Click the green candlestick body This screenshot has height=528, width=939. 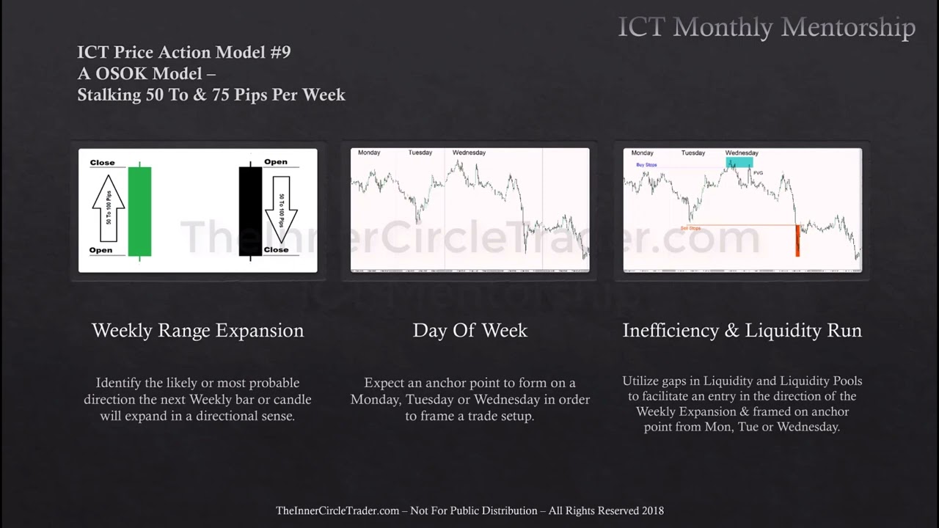pos(139,211)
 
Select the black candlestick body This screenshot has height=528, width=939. pos(250,211)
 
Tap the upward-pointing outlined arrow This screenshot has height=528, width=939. pos(108,208)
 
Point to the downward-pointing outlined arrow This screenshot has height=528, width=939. pos(282,210)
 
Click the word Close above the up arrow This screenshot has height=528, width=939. pos(102,163)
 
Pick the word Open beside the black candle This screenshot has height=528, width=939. pos(275,162)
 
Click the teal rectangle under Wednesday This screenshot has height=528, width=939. pos(739,162)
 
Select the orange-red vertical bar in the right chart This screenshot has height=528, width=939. pos(797,241)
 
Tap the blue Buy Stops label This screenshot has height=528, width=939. pos(646,165)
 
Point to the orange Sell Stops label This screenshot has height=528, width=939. pos(690,229)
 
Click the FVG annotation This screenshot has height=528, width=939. pos(758,173)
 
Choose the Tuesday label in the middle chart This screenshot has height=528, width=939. pos(420,153)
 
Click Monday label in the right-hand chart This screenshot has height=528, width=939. pos(642,153)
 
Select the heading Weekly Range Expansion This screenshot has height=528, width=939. pos(197,331)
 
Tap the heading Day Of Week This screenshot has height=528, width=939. pos(469,331)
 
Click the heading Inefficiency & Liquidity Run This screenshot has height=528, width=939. pos(742,331)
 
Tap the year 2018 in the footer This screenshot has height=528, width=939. pos(652,510)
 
